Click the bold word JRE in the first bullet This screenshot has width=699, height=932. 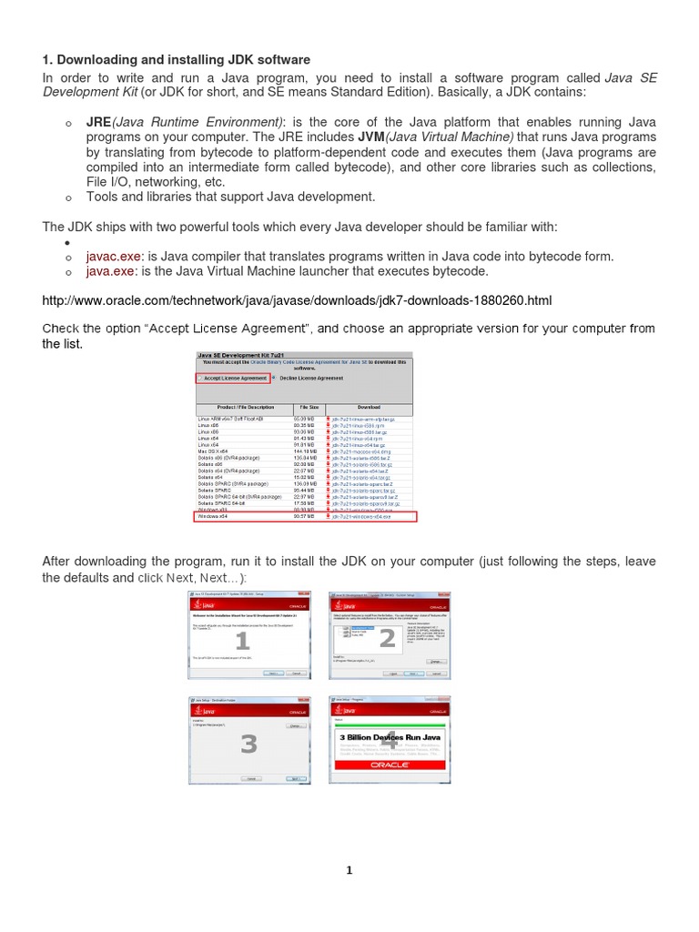(x=98, y=122)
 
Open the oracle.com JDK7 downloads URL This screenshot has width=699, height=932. (x=297, y=300)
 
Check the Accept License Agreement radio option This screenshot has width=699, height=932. (x=200, y=378)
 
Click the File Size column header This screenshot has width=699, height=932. (x=307, y=408)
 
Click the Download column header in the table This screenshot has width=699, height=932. (x=368, y=408)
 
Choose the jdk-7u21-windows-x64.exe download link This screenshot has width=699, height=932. (x=362, y=516)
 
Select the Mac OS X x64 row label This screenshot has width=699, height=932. (x=217, y=451)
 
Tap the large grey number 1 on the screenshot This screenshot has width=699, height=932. (x=243, y=642)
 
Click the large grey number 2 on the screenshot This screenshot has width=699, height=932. (x=388, y=638)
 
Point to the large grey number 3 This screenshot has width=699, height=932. (x=248, y=744)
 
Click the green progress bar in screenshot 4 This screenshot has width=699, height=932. (x=390, y=724)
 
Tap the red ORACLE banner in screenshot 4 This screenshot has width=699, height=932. (x=390, y=765)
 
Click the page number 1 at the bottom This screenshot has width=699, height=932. (x=349, y=870)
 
